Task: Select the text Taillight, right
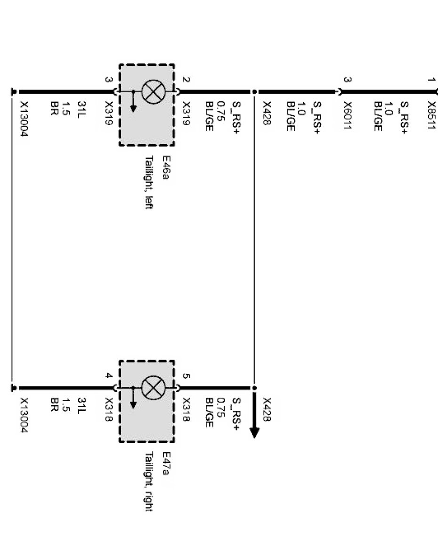coord(149,481)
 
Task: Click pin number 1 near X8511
coord(431,80)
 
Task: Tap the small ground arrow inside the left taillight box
coord(133,106)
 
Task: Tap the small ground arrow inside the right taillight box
coord(133,402)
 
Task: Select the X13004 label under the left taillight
coord(24,119)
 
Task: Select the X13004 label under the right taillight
coord(24,416)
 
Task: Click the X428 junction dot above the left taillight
coord(254,92)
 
